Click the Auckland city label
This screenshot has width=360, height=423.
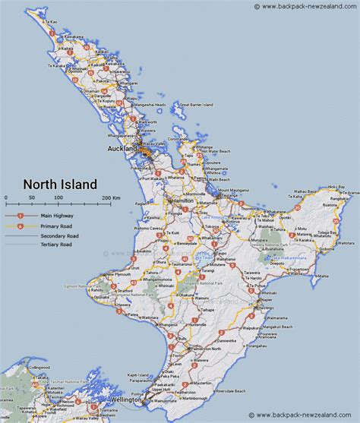click(122, 148)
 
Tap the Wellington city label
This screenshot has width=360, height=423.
click(123, 399)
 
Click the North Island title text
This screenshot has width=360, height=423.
click(59, 184)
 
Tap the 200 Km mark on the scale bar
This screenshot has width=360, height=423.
click(111, 197)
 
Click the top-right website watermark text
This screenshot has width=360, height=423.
click(305, 7)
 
